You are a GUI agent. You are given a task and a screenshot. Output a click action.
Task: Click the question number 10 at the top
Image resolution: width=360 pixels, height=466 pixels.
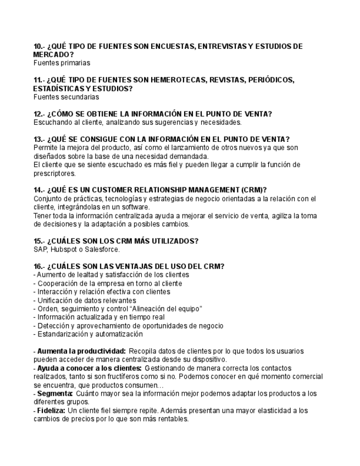(x=38, y=47)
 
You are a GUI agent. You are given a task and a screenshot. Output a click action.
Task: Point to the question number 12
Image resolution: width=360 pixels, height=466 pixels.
(x=38, y=114)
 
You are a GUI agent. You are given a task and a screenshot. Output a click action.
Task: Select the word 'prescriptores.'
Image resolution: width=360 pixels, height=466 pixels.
(x=54, y=173)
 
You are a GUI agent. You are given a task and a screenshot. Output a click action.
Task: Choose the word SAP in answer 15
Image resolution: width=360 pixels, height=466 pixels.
(x=40, y=249)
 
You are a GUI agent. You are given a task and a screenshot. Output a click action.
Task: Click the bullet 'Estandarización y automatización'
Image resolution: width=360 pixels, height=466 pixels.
(x=90, y=334)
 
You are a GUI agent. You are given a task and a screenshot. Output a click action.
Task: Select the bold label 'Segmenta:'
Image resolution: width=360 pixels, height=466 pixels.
(x=55, y=393)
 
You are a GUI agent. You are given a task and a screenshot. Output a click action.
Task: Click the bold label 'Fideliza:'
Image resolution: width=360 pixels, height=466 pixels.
(x=51, y=410)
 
